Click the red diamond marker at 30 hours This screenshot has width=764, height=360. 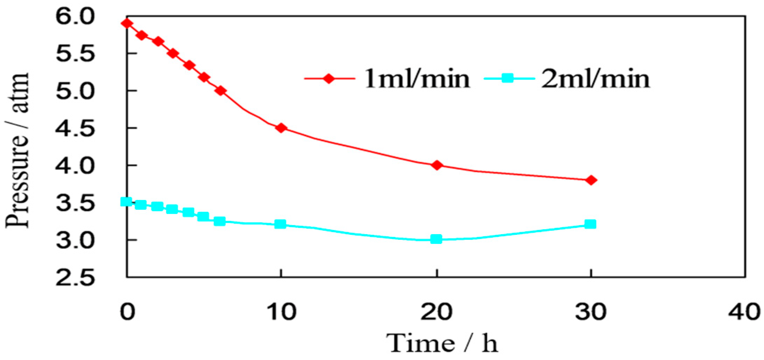591,180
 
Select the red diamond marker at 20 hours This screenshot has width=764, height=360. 437,165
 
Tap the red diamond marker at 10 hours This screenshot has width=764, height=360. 281,128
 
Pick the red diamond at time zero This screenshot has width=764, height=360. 127,23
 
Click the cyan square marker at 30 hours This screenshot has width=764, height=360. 590,224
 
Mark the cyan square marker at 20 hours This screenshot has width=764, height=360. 436,239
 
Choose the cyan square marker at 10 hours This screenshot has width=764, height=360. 280,224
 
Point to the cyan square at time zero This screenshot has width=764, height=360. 126,202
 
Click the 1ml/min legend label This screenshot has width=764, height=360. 417,78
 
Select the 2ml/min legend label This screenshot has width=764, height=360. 595,78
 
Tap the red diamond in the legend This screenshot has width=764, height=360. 329,78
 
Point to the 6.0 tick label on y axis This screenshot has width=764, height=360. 75,17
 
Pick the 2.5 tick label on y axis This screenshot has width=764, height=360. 75,278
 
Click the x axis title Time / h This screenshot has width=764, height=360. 442,343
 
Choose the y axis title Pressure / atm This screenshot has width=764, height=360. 17,150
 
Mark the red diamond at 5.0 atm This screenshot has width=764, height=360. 220,91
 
